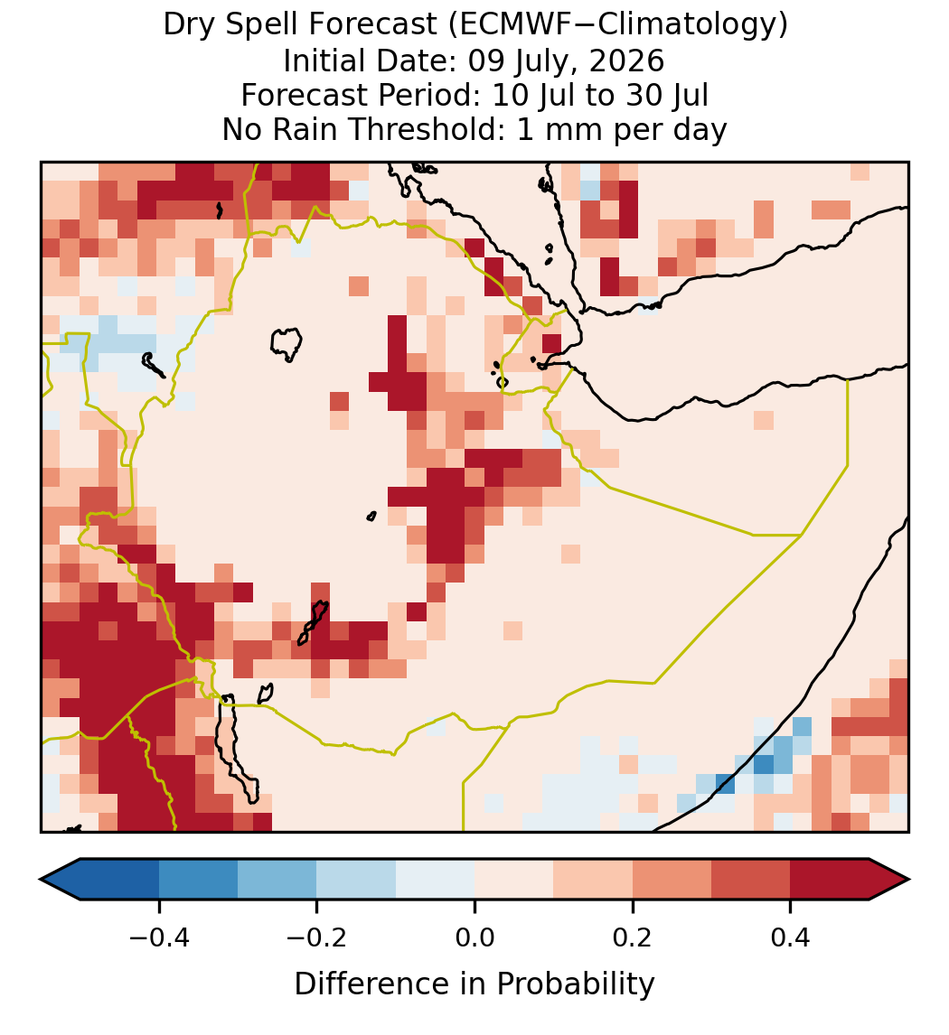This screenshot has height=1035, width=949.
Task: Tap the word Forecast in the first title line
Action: (x=373, y=24)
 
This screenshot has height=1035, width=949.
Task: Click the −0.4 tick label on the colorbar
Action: (x=159, y=937)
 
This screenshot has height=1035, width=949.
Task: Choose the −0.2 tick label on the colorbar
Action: (x=317, y=937)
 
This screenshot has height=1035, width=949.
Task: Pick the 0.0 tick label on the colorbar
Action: (x=474, y=937)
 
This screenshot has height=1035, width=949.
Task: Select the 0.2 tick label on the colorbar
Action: (x=633, y=937)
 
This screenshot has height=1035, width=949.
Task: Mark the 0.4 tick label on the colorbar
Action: (x=791, y=937)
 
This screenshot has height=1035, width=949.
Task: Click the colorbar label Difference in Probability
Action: (x=474, y=984)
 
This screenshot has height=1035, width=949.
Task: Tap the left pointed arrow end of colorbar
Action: (x=60, y=880)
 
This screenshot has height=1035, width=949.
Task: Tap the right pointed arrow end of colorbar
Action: (x=889, y=880)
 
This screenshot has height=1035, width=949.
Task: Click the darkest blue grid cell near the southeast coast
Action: (x=764, y=764)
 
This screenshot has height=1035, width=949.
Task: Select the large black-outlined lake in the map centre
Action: (x=287, y=343)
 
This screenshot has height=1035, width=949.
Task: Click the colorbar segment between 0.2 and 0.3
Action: (x=672, y=880)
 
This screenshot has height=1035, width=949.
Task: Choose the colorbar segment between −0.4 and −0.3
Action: (x=198, y=880)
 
